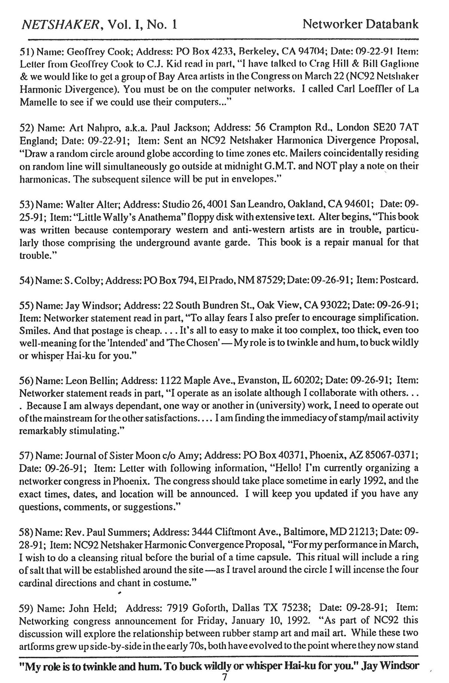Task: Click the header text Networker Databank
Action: point(360,25)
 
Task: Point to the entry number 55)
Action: point(27,306)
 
